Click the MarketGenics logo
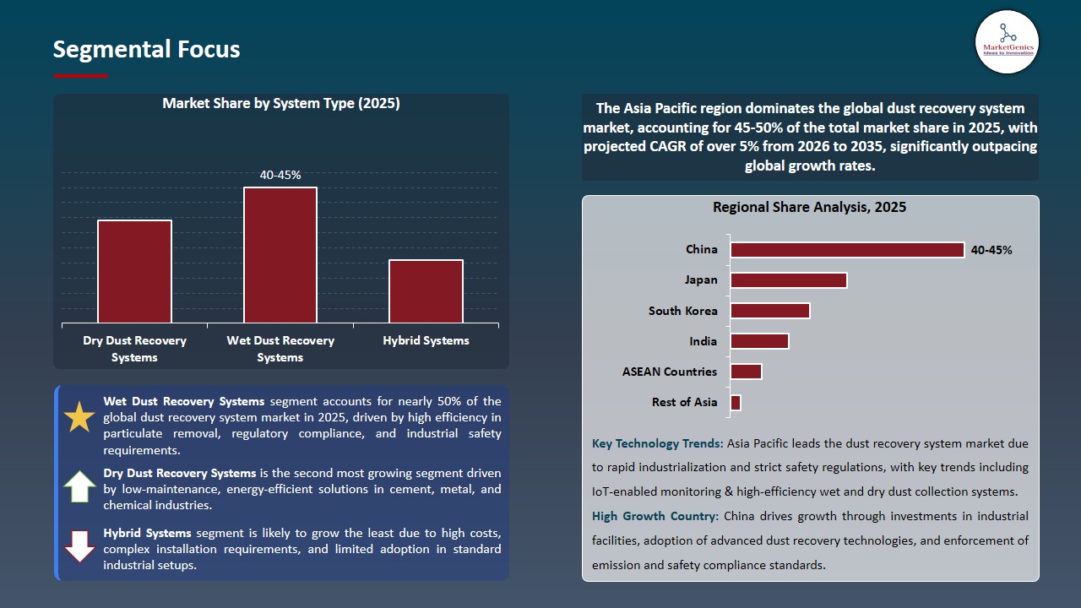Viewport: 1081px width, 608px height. [1007, 41]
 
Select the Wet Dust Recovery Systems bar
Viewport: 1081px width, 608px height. [280, 254]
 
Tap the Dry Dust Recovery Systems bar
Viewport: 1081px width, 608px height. [134, 271]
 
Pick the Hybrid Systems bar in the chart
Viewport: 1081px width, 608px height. [426, 290]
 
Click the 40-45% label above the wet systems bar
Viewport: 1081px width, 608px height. [280, 175]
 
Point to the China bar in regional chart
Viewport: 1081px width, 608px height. [847, 250]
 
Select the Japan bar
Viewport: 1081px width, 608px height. [788, 280]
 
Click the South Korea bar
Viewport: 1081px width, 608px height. [769, 311]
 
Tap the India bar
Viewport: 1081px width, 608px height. [759, 341]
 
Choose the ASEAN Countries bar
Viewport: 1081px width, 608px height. [746, 372]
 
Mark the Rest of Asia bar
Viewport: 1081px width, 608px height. [736, 403]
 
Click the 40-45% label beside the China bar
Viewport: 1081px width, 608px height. [991, 250]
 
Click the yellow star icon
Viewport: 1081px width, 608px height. [79, 418]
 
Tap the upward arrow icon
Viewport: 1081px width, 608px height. [79, 486]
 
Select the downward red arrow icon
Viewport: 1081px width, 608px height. [79, 546]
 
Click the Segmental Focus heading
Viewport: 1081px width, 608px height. [146, 49]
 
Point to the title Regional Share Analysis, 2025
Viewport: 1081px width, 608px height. [809, 207]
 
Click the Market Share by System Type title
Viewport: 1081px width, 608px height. [280, 104]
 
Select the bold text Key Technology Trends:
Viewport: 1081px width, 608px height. [658, 443]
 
